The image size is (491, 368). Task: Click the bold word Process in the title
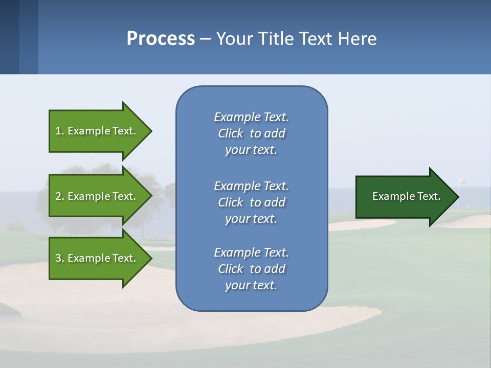click(161, 39)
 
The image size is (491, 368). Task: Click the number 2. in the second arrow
click(60, 196)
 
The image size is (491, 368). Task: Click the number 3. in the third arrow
click(60, 258)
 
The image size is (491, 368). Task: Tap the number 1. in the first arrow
click(60, 131)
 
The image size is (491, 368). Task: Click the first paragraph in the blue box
click(251, 133)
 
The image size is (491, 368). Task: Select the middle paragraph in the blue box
click(251, 202)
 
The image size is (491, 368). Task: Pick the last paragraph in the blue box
click(251, 269)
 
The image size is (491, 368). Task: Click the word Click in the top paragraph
click(231, 133)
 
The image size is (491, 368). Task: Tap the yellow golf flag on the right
click(462, 181)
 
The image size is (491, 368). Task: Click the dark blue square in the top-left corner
click(9, 37)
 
